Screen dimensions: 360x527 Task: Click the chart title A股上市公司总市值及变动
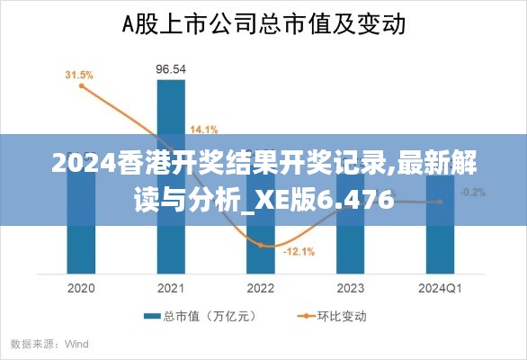pyautogui.click(x=263, y=23)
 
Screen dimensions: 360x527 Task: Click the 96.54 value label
pyautogui.click(x=171, y=68)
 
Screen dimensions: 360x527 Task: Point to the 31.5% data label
pyautogui.click(x=78, y=75)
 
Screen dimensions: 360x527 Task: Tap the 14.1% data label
pyautogui.click(x=203, y=128)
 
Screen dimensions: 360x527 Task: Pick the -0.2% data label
pyautogui.click(x=473, y=192)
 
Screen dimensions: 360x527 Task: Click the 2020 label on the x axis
pyautogui.click(x=81, y=288)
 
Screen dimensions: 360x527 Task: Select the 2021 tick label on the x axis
pyautogui.click(x=171, y=288)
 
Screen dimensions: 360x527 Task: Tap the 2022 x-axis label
pyautogui.click(x=261, y=288)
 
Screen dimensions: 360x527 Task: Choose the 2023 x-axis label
pyautogui.click(x=351, y=288)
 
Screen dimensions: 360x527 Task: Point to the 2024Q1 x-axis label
pyautogui.click(x=441, y=288)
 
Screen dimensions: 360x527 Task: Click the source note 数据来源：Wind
pyautogui.click(x=49, y=343)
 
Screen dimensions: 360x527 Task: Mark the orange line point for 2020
pyautogui.click(x=82, y=86)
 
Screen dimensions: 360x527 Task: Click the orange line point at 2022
pyautogui.click(x=261, y=244)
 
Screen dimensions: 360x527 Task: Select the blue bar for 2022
pyautogui.click(x=261, y=256)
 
